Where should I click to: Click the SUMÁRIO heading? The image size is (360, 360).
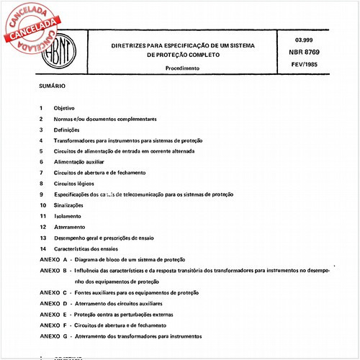point(52,86)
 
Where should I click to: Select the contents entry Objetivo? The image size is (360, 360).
point(64,107)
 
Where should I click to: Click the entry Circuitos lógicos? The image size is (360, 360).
point(73,184)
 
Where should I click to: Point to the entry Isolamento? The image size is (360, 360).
point(67,216)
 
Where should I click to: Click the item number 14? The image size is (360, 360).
point(43,248)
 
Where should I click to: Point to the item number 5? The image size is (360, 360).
point(42,151)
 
